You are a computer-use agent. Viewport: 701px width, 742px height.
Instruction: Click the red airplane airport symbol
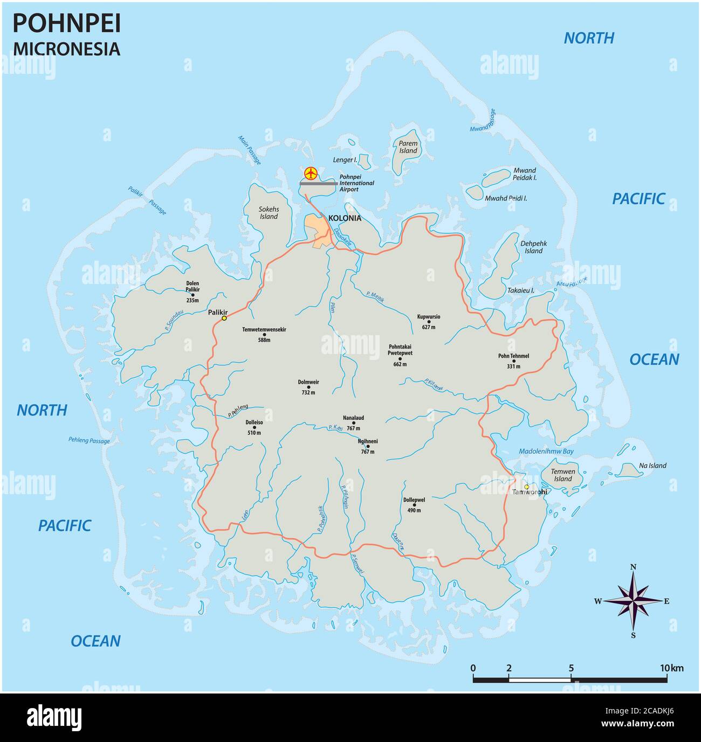311,173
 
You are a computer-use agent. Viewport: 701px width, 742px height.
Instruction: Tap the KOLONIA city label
345,218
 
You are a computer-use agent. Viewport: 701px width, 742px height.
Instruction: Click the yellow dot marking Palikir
224,318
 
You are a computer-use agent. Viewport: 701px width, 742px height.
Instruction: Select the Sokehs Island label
269,212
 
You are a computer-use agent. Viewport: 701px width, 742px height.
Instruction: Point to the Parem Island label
408,147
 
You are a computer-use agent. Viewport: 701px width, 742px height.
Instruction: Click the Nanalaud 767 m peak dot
354,423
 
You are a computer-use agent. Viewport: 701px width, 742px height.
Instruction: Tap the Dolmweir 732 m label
308,387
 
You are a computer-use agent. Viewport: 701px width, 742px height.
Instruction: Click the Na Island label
652,466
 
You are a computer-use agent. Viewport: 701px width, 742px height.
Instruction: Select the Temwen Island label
562,475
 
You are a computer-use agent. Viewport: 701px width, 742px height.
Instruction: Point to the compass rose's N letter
634,566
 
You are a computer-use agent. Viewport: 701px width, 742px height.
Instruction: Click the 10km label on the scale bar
673,668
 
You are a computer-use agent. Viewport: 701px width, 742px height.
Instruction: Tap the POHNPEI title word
66,24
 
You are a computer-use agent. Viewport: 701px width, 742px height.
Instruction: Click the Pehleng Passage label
89,441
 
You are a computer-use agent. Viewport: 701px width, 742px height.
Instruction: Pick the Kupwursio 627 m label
429,322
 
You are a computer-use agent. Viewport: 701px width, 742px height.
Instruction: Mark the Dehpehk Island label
533,247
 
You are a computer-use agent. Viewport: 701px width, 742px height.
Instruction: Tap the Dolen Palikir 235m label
193,292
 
